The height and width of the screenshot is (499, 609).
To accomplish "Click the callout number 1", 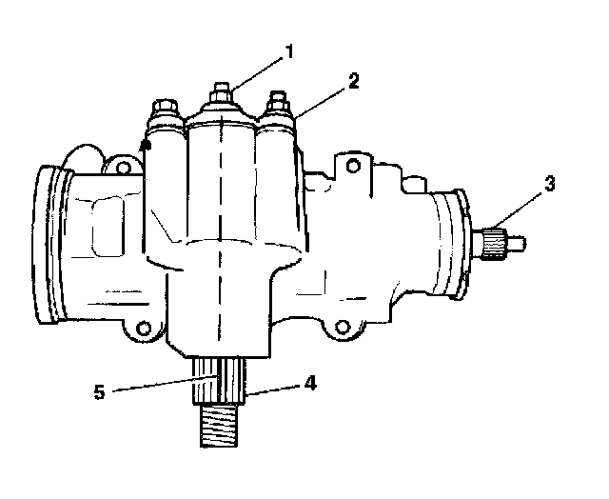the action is (x=289, y=51).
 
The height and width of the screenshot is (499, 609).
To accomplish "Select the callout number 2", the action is (x=353, y=81).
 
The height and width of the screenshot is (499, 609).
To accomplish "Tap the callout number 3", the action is (x=550, y=184).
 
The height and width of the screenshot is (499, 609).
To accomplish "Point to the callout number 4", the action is (x=310, y=383).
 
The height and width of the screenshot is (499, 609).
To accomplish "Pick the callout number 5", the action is (x=99, y=391).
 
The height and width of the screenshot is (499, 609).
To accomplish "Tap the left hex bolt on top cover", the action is (x=166, y=108).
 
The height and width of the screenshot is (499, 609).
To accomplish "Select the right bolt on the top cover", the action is (x=278, y=102).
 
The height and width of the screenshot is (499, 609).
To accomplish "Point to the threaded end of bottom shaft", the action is (x=220, y=426).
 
